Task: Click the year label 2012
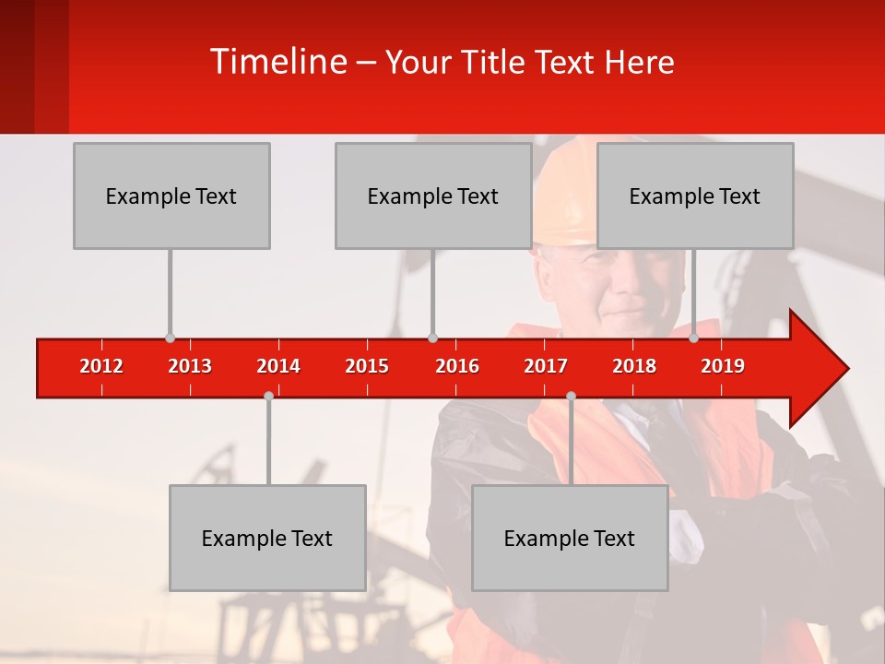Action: coord(101,366)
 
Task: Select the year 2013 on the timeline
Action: coord(190,366)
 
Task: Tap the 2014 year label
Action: coord(278,366)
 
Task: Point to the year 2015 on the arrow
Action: coord(367,366)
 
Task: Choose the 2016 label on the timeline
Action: coord(457,366)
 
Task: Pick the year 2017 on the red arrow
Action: coord(546,366)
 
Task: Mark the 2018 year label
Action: coord(634,366)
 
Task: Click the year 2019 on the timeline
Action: coord(723,366)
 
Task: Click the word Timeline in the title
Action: coord(278,62)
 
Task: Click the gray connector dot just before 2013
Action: coord(170,338)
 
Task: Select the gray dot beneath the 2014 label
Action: coord(268,396)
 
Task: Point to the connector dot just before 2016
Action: coord(432,338)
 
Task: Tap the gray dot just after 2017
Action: coord(571,396)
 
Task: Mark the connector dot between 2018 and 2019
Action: coord(694,338)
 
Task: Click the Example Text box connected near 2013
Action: coord(171,196)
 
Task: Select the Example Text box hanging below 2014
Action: coord(267,538)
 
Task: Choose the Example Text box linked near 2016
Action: coord(433,196)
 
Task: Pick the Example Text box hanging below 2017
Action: coord(570,538)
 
